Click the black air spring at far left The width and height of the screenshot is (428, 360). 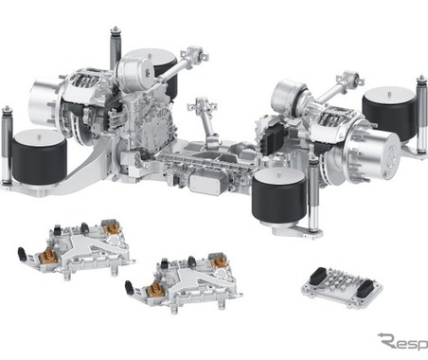39,158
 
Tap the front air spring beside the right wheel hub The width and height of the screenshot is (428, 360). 279,196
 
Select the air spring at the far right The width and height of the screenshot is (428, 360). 389,113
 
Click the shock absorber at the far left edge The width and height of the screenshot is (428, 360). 7,145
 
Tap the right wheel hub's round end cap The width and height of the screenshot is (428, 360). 384,153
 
